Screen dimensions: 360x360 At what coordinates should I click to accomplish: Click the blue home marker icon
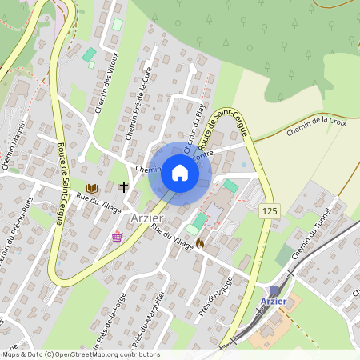(x=179, y=172)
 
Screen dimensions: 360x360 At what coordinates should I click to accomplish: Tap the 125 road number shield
(x=270, y=209)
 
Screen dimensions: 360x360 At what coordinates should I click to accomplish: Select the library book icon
(x=91, y=188)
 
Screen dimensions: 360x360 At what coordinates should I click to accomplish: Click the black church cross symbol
(x=124, y=187)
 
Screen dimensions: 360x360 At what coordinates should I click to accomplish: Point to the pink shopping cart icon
(x=118, y=237)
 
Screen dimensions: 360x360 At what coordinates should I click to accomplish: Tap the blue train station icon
(x=274, y=290)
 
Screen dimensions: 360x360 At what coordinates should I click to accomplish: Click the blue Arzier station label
(x=274, y=302)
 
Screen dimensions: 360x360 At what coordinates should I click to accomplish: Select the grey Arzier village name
(x=146, y=218)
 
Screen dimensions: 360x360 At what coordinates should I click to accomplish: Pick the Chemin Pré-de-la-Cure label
(x=138, y=104)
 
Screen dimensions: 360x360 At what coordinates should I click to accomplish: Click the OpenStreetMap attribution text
(x=81, y=354)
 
